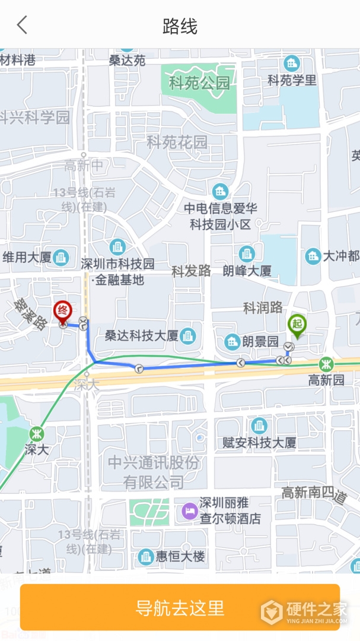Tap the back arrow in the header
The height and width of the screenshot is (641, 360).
(22, 26)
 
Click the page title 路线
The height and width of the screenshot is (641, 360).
(180, 26)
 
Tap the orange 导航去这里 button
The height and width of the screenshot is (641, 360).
(180, 607)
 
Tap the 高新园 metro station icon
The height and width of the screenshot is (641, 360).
(326, 364)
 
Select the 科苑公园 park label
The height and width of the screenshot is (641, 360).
(199, 83)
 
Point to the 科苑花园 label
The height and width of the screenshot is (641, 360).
(177, 142)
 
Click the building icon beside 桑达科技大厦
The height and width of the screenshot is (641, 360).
(188, 335)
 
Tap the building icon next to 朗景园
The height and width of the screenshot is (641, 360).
(232, 341)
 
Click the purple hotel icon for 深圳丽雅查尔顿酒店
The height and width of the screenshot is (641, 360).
(189, 511)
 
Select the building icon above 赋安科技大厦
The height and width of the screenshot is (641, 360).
(259, 426)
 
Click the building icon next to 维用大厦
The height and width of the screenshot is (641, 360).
(60, 257)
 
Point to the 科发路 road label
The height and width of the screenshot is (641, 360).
(191, 271)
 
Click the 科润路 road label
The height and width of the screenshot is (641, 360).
(263, 307)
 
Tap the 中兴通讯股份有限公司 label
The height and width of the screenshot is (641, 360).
(154, 472)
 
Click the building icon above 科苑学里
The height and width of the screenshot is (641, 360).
(291, 63)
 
